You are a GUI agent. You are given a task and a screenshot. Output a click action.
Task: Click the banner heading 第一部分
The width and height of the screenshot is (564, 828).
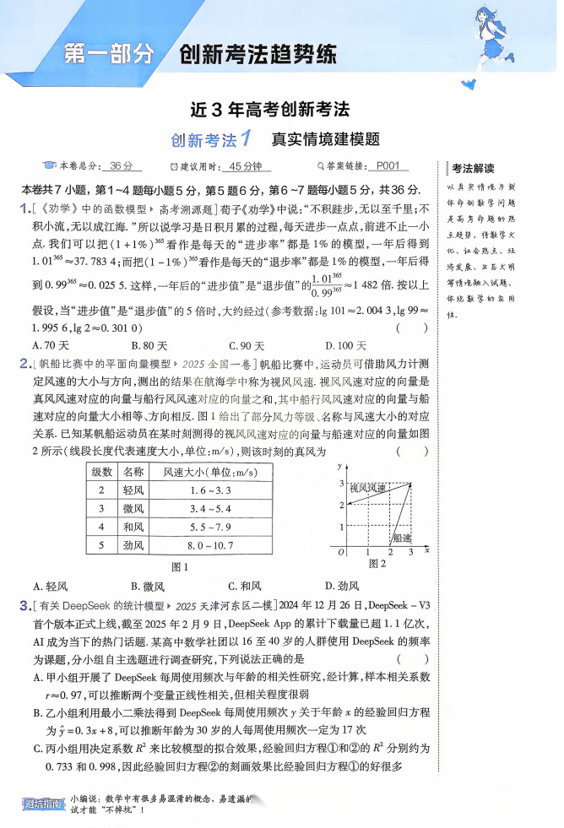point(111,56)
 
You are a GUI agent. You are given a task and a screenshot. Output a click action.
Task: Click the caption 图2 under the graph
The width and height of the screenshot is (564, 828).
point(377,563)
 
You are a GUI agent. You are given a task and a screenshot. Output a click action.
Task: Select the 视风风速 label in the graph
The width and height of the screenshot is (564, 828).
point(368,488)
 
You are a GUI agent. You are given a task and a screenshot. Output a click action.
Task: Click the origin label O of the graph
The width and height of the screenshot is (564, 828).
point(340,552)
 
